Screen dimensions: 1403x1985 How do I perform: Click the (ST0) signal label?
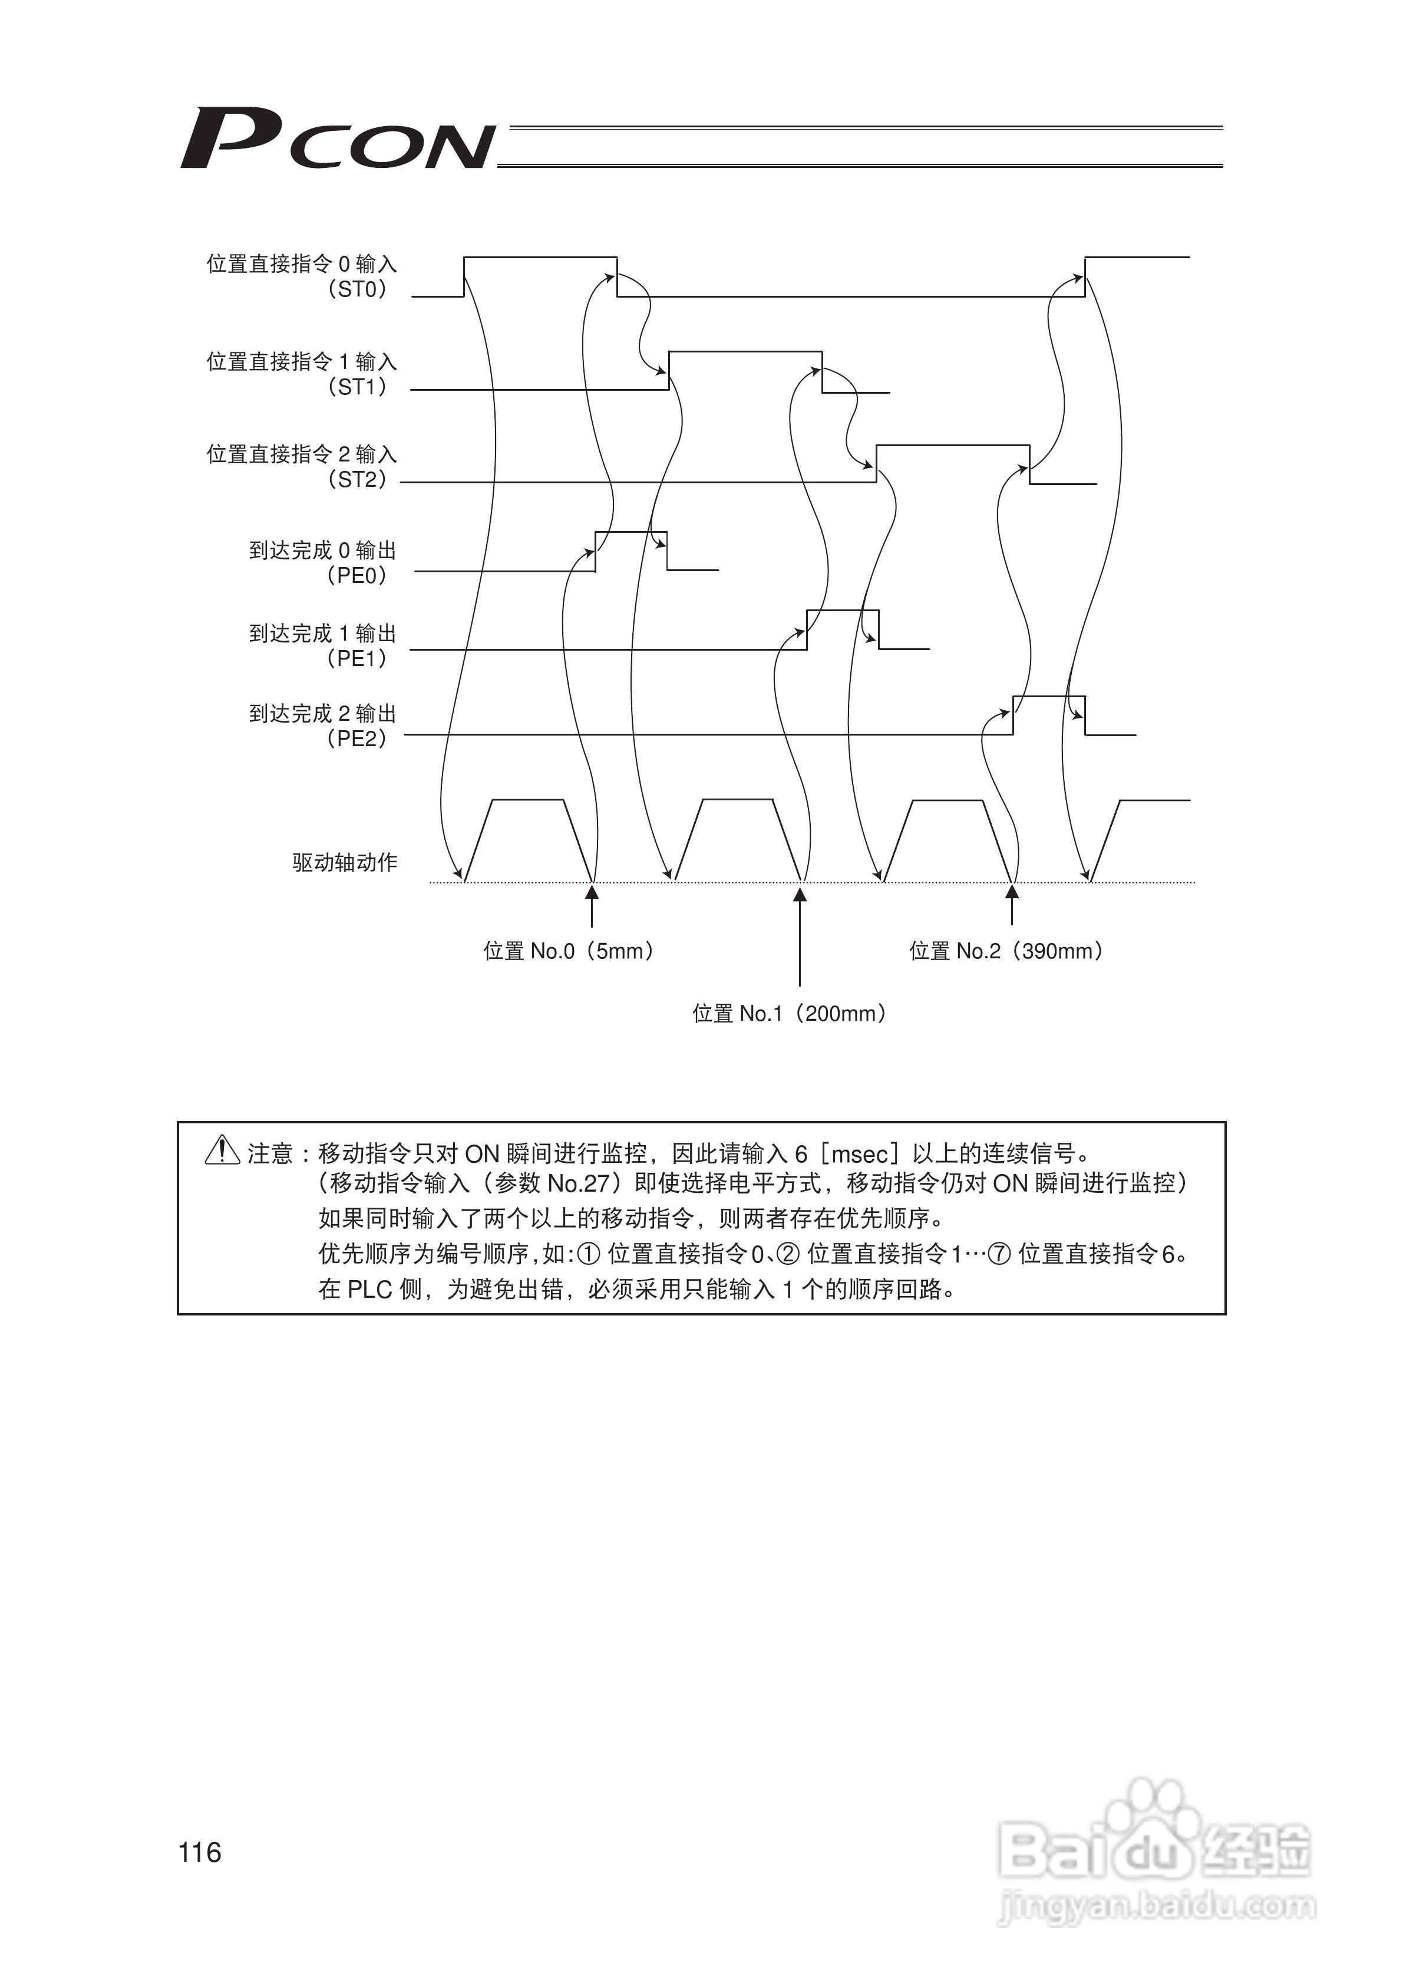tap(357, 289)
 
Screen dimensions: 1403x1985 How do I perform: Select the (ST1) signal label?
tap(357, 387)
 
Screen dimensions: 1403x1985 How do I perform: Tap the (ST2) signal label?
tap(357, 480)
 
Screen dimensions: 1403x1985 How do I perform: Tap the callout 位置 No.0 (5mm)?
tap(568, 952)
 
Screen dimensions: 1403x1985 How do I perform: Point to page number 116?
tap(200, 1853)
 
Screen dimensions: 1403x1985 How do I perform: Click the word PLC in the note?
tap(370, 1290)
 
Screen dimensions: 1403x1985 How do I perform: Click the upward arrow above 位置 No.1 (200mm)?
tap(800, 938)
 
